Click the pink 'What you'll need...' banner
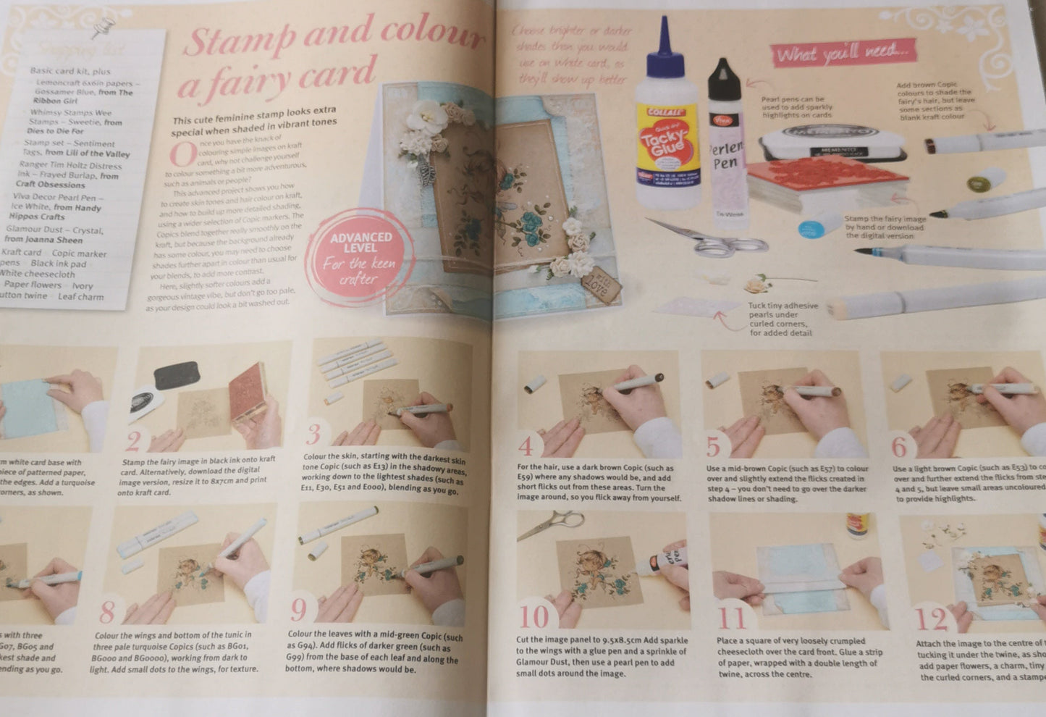click(x=844, y=53)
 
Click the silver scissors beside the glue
click(x=709, y=239)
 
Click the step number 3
click(x=313, y=435)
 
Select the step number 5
click(x=713, y=448)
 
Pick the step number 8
click(x=107, y=613)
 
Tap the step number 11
click(x=732, y=619)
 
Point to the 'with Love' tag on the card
click(x=600, y=286)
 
